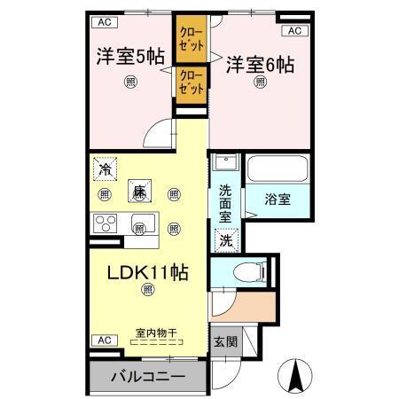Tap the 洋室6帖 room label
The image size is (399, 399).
[260, 64]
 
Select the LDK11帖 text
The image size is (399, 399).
[146, 272]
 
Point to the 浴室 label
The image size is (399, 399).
[278, 199]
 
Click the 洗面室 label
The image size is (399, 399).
[225, 201]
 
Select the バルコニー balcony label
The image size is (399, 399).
[148, 376]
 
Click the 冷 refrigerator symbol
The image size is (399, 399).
[106, 167]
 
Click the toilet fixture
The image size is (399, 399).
[248, 271]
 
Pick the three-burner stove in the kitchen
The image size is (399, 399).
[106, 222]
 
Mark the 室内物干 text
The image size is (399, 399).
[155, 332]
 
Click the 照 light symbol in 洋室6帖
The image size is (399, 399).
[261, 82]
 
